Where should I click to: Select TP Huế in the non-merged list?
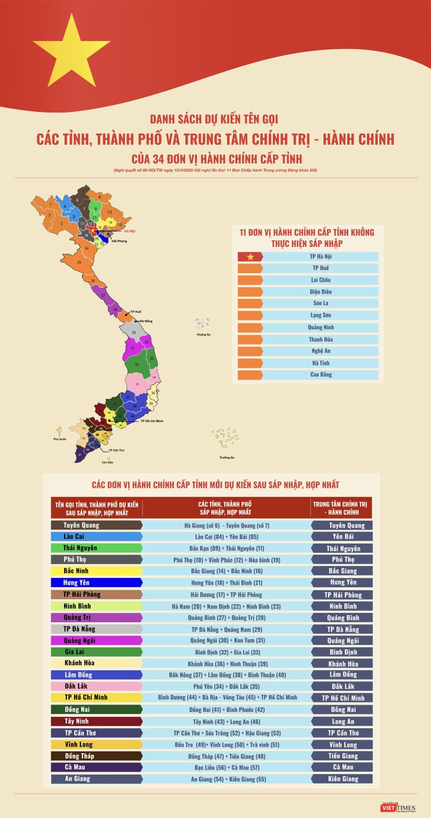(321, 268)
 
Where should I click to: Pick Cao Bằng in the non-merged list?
(321, 374)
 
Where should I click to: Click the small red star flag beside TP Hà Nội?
(250, 257)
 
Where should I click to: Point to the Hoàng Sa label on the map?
(204, 335)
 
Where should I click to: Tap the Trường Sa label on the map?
(226, 457)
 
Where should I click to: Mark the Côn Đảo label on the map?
(108, 462)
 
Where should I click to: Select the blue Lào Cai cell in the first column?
(96, 536)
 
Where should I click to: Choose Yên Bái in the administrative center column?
(342, 536)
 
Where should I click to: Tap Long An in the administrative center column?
(343, 721)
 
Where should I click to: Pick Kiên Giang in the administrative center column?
(343, 779)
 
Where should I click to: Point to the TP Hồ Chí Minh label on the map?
(151, 420)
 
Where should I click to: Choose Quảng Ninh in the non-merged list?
(321, 328)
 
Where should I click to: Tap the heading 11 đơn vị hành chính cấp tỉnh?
(307, 237)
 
